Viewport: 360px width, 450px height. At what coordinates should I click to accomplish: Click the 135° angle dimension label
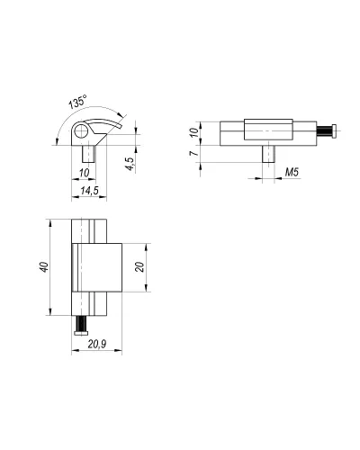pyautogui.click(x=78, y=102)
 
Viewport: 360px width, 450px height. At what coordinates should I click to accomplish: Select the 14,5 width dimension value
pyautogui.click(x=89, y=190)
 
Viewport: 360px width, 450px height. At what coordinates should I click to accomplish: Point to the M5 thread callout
pyautogui.click(x=292, y=172)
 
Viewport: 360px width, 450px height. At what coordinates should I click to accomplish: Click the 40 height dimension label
pyautogui.click(x=44, y=267)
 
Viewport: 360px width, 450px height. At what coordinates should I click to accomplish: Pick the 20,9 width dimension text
pyautogui.click(x=96, y=344)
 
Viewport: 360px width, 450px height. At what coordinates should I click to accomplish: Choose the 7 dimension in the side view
pyautogui.click(x=194, y=153)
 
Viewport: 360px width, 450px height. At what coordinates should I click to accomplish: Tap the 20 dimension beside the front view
pyautogui.click(x=139, y=266)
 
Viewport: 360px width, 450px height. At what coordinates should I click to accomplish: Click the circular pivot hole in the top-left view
pyautogui.click(x=80, y=131)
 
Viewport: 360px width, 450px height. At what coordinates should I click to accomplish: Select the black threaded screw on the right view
pyautogui.click(x=325, y=131)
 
